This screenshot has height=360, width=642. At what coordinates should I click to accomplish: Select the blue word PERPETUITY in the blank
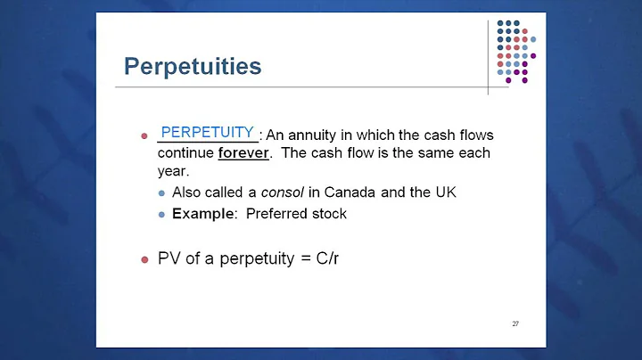pyautogui.click(x=208, y=132)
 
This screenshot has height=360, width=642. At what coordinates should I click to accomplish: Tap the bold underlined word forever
pyautogui.click(x=243, y=152)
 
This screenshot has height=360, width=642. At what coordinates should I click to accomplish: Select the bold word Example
pyautogui.click(x=200, y=214)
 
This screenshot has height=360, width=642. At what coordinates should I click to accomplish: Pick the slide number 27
pyautogui.click(x=515, y=323)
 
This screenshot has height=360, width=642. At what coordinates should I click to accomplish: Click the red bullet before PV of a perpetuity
pyautogui.click(x=144, y=260)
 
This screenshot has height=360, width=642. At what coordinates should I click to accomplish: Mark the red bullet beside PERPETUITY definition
pyautogui.click(x=144, y=136)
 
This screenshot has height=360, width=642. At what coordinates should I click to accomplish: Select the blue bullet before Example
pyautogui.click(x=161, y=215)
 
